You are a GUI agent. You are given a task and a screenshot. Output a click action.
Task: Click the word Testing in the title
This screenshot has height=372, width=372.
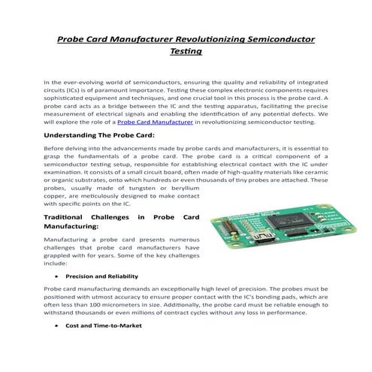pos(186,52)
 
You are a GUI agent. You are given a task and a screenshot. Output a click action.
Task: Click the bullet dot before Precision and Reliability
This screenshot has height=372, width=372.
pos(59,277)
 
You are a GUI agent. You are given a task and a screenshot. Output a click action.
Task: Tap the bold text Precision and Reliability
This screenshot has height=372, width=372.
pos(101,277)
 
